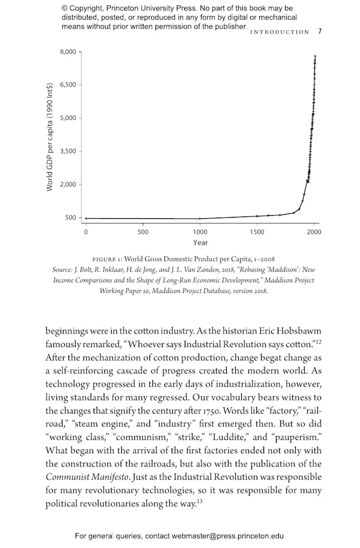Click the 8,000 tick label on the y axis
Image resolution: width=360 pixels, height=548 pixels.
click(x=68, y=52)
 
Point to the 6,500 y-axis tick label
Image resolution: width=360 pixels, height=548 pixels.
click(x=68, y=85)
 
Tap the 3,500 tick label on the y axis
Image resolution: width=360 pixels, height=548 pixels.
click(x=68, y=151)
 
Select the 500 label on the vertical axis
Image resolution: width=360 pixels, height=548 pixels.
click(x=71, y=218)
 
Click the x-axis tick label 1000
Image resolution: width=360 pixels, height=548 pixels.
click(x=200, y=231)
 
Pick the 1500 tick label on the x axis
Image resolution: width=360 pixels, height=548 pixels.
click(x=257, y=231)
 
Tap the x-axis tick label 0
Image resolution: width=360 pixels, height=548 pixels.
click(x=86, y=231)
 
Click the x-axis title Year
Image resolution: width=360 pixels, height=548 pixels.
click(x=200, y=243)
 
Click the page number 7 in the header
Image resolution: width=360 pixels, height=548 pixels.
click(x=320, y=32)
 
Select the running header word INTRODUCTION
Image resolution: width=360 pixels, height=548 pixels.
click(x=280, y=32)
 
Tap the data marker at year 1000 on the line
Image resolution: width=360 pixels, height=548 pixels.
click(x=200, y=218)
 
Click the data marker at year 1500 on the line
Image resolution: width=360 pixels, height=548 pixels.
click(x=257, y=216)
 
